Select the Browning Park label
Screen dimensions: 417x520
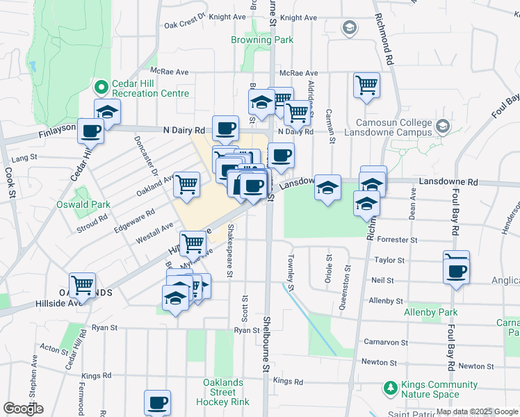[262, 40]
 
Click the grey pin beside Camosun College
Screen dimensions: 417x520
[443, 126]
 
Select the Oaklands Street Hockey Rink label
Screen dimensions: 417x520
[223, 392]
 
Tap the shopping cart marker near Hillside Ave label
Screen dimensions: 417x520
[83, 284]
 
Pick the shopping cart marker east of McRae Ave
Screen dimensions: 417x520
[366, 85]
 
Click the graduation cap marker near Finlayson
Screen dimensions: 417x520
[108, 111]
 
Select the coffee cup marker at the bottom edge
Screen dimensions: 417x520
[157, 402]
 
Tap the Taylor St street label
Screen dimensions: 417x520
[389, 261]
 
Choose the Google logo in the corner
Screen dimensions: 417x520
[23, 409]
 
